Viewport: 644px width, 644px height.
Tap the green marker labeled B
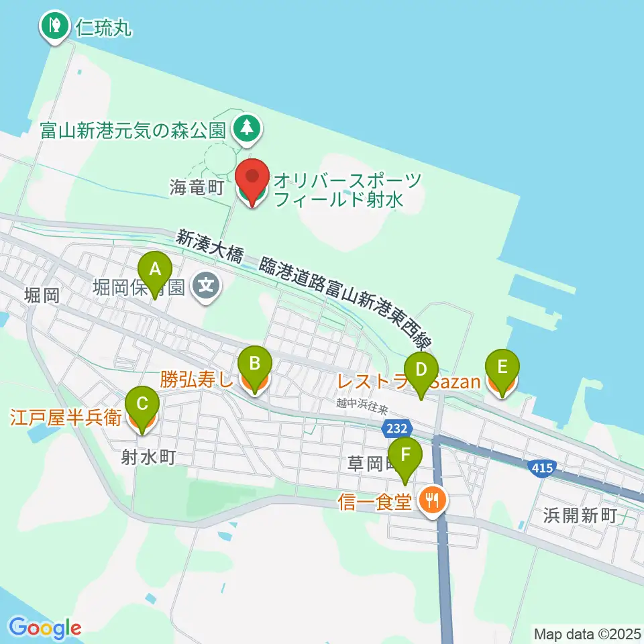tap(255, 365)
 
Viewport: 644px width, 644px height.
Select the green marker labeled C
tap(142, 405)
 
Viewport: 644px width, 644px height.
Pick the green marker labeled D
tap(421, 370)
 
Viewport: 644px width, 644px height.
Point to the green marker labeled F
tap(405, 455)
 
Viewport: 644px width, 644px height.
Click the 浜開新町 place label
tap(580, 515)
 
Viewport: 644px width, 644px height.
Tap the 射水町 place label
tap(148, 458)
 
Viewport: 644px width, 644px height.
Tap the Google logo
tap(45, 628)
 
